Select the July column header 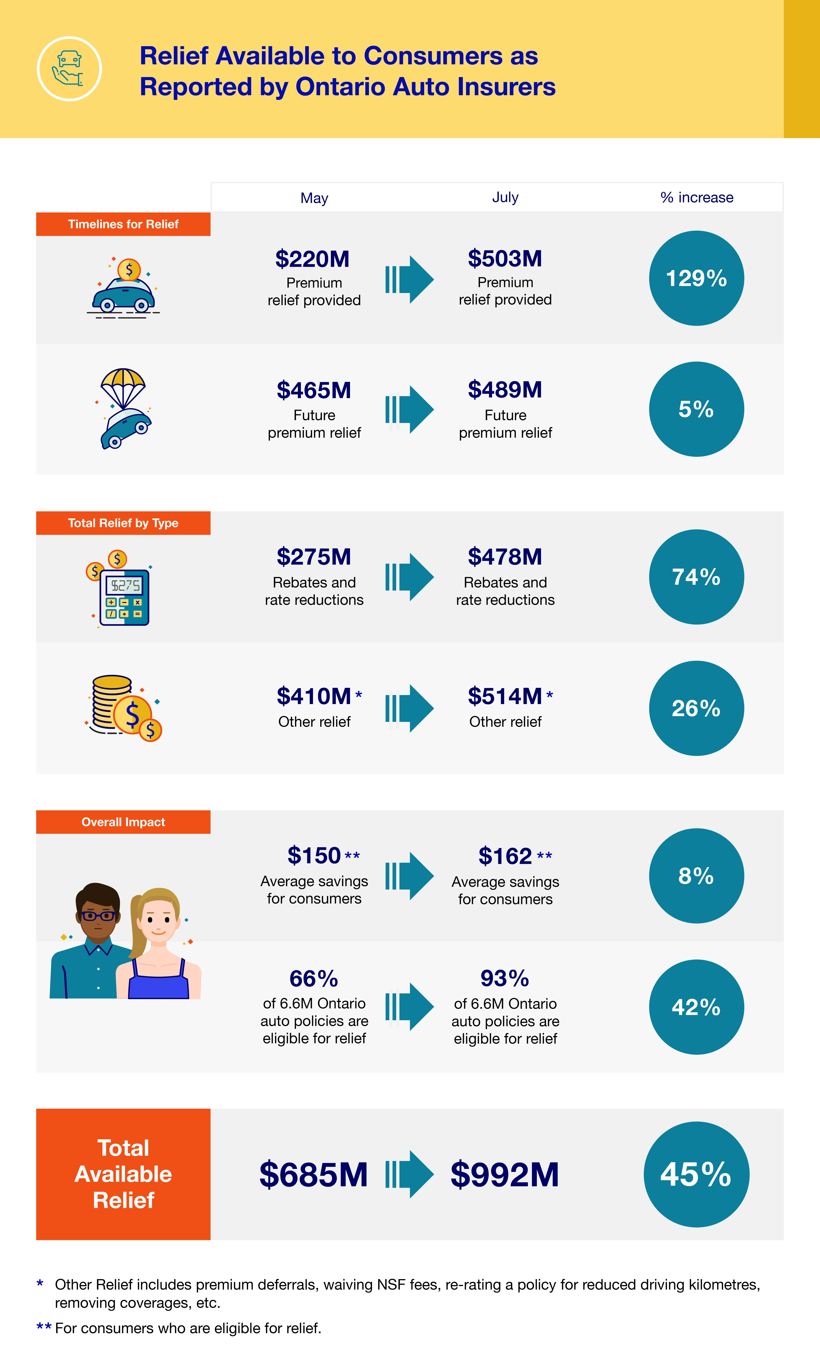(505, 197)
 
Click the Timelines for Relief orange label (123, 224)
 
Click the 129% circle (696, 278)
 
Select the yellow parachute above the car (123, 381)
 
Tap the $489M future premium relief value (505, 390)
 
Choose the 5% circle (696, 409)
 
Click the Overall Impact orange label (123, 822)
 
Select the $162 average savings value (505, 856)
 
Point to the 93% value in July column (505, 978)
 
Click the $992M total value (505, 1174)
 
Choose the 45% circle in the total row (696, 1174)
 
